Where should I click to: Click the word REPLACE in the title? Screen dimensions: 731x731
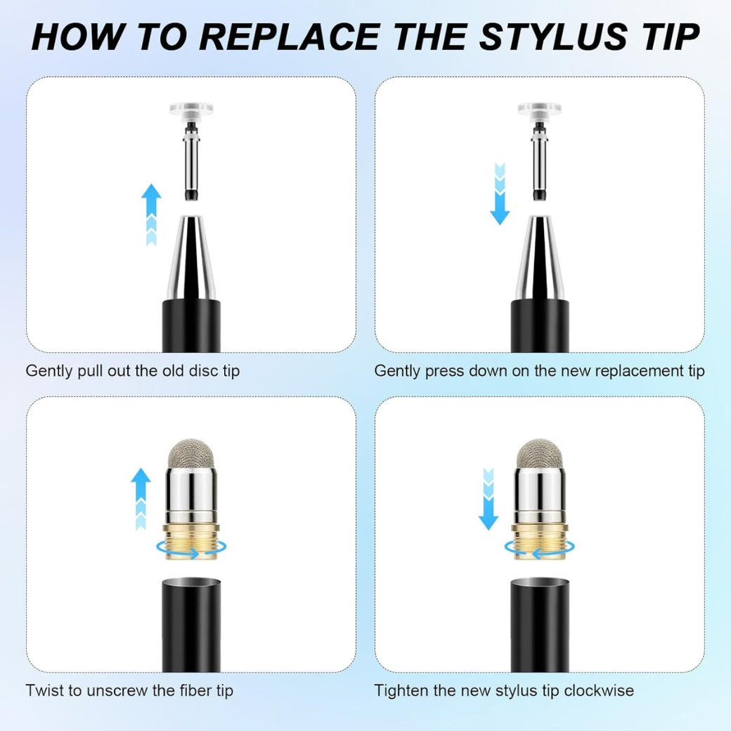coord(290,37)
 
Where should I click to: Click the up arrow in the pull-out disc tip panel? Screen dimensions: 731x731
coord(151,214)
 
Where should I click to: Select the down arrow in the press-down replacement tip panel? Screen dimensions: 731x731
coord(500,194)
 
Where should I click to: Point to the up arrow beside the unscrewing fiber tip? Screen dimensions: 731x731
coord(141,498)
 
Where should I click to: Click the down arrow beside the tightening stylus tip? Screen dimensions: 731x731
coord(489,499)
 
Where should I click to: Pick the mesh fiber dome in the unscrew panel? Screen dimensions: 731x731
coord(191,454)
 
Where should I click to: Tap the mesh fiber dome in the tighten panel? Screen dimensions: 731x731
coord(540,454)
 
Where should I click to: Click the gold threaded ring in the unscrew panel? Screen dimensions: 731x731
coord(191,541)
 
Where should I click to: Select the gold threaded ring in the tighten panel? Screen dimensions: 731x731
coord(540,541)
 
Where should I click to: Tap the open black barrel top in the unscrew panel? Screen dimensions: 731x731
coord(191,585)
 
